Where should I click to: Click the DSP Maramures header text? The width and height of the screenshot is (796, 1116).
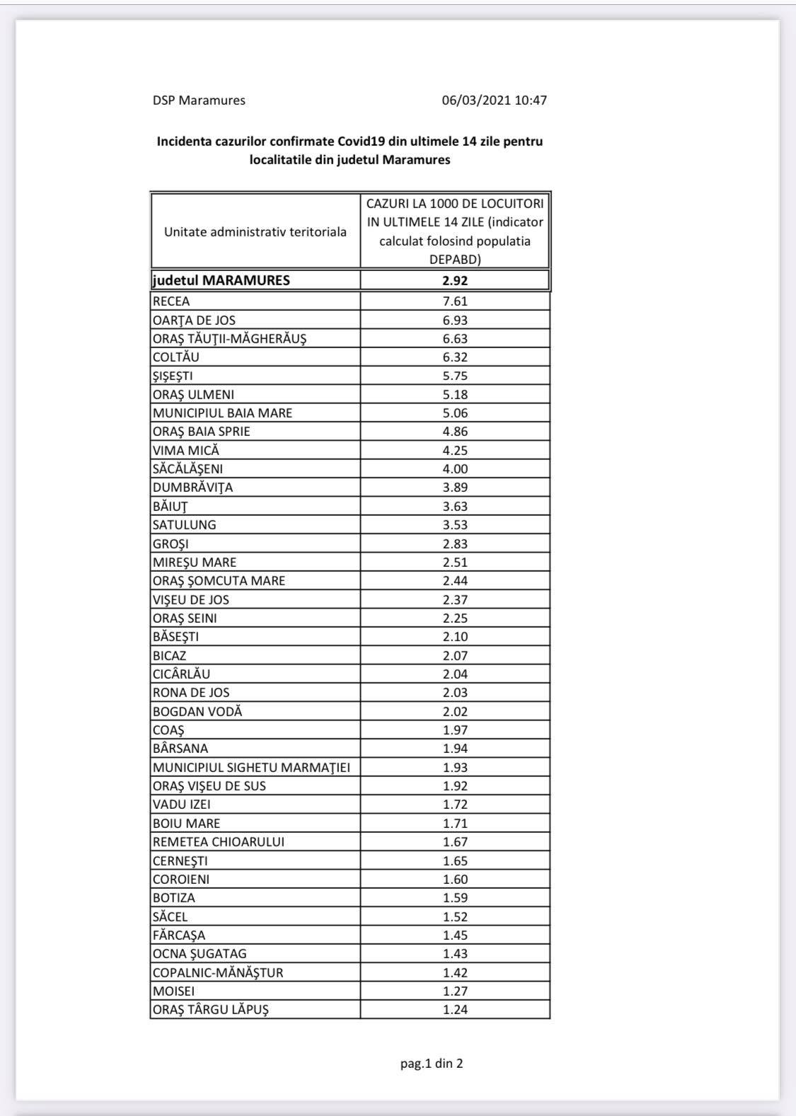[x=199, y=100]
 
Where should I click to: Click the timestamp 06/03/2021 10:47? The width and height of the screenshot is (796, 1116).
[x=494, y=100]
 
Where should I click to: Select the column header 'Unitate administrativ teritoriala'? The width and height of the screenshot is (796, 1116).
[x=255, y=232]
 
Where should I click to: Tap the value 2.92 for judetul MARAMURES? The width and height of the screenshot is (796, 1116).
[x=455, y=280]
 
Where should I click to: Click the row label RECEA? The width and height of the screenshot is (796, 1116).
[x=171, y=301]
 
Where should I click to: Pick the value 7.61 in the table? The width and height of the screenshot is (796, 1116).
[x=455, y=301]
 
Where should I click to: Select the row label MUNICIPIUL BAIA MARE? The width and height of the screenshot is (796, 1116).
[x=222, y=413]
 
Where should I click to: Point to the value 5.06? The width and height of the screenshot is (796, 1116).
[x=455, y=413]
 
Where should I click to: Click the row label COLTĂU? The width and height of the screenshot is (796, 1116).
[x=175, y=357]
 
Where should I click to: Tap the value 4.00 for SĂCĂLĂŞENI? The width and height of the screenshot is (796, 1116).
[x=455, y=468]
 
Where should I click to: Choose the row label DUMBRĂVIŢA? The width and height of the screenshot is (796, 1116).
[x=192, y=488]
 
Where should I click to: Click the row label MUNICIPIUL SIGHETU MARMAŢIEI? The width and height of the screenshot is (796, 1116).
[x=251, y=767]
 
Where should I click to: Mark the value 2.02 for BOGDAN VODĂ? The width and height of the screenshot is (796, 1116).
[x=455, y=711]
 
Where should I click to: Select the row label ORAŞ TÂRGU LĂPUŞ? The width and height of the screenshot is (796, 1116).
[x=211, y=1010]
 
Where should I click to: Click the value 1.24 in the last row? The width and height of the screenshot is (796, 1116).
[x=455, y=1010]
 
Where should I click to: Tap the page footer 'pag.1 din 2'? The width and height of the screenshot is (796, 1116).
[x=432, y=1063]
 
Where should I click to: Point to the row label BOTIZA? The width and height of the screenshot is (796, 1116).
[x=174, y=897]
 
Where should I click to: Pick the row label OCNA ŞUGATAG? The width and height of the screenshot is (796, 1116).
[x=200, y=954]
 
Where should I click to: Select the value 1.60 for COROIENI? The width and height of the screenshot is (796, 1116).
[x=455, y=879]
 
